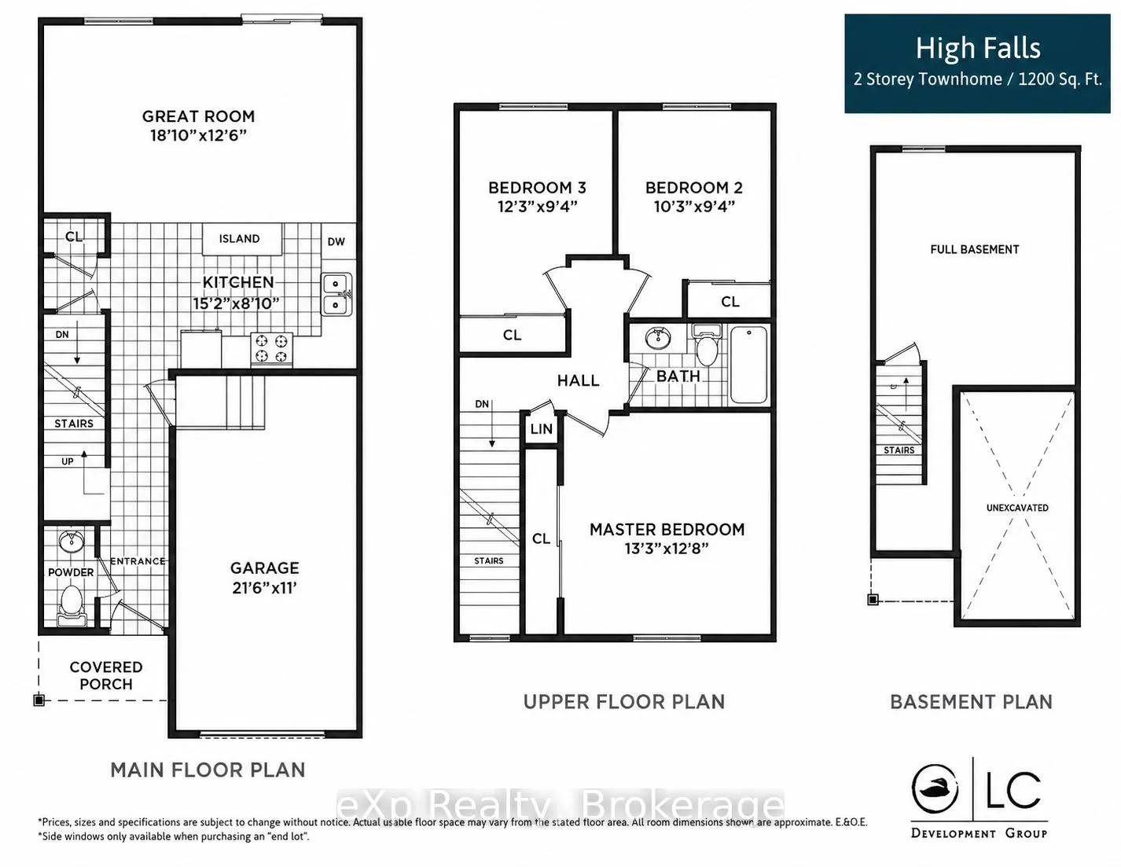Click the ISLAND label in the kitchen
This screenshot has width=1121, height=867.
click(239, 239)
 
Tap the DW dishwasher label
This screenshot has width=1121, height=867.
click(336, 241)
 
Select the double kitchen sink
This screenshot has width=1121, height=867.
click(337, 295)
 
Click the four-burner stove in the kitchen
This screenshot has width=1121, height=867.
click(271, 348)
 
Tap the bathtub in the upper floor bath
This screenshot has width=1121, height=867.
click(748, 366)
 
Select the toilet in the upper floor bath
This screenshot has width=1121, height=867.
click(706, 344)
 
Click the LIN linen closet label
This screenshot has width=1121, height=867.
click(541, 428)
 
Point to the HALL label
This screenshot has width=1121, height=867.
click(578, 380)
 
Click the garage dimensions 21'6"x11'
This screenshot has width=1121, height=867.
click(265, 588)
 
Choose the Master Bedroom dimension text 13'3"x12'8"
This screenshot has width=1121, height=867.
click(667, 548)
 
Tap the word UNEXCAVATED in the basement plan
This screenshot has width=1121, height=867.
click(1017, 508)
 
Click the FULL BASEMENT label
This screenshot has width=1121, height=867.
click(975, 250)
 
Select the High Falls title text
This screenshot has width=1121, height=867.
click(978, 49)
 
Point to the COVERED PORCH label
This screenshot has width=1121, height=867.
click(106, 676)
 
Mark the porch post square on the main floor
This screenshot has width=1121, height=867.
click(39, 700)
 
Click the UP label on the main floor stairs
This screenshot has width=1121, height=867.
click(68, 461)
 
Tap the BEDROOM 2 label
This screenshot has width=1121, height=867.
click(694, 188)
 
